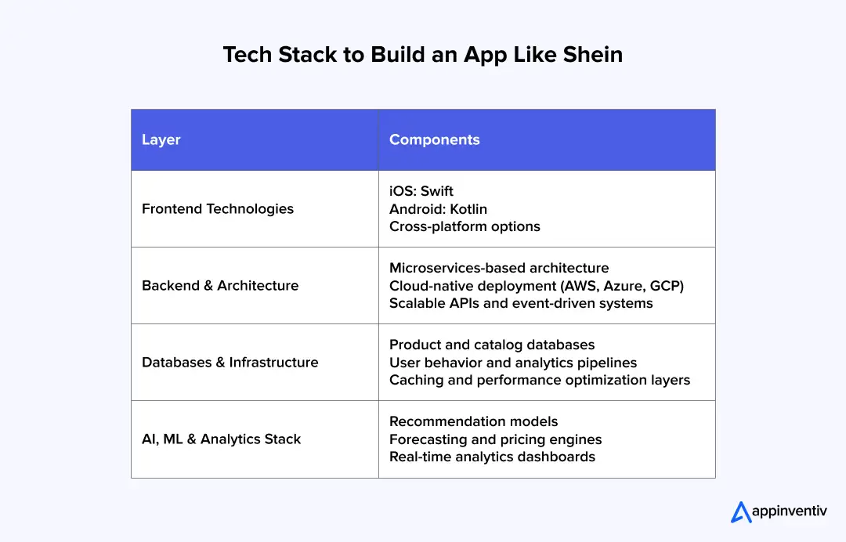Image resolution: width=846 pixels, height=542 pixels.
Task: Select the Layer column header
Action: [x=161, y=140]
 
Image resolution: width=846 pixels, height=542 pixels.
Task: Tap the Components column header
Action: [x=434, y=140]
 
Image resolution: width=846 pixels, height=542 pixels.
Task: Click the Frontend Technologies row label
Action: [x=218, y=209]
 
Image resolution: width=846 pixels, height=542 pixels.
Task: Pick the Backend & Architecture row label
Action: [x=220, y=286]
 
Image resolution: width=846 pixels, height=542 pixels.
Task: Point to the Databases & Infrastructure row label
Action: [x=230, y=363]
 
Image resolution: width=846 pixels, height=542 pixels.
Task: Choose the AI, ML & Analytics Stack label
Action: [x=221, y=439]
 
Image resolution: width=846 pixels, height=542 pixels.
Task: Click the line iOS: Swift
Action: [x=421, y=191]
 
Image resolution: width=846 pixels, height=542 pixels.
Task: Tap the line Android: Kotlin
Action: [x=439, y=209]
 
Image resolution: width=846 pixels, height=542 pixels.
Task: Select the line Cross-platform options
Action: [x=465, y=226]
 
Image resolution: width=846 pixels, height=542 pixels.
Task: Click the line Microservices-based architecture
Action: [x=499, y=268]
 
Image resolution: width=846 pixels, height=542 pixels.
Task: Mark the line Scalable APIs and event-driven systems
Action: [x=521, y=303]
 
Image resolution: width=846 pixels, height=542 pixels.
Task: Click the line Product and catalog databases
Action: [x=492, y=345]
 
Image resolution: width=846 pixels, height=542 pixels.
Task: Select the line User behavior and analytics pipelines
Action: [x=513, y=363]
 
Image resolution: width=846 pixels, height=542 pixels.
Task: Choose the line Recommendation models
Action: [x=474, y=421]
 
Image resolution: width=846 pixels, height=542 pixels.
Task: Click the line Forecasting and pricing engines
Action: [x=495, y=439]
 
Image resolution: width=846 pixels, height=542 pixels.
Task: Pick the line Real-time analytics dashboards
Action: [x=492, y=457]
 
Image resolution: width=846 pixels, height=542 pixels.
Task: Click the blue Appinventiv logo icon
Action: [x=741, y=512]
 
